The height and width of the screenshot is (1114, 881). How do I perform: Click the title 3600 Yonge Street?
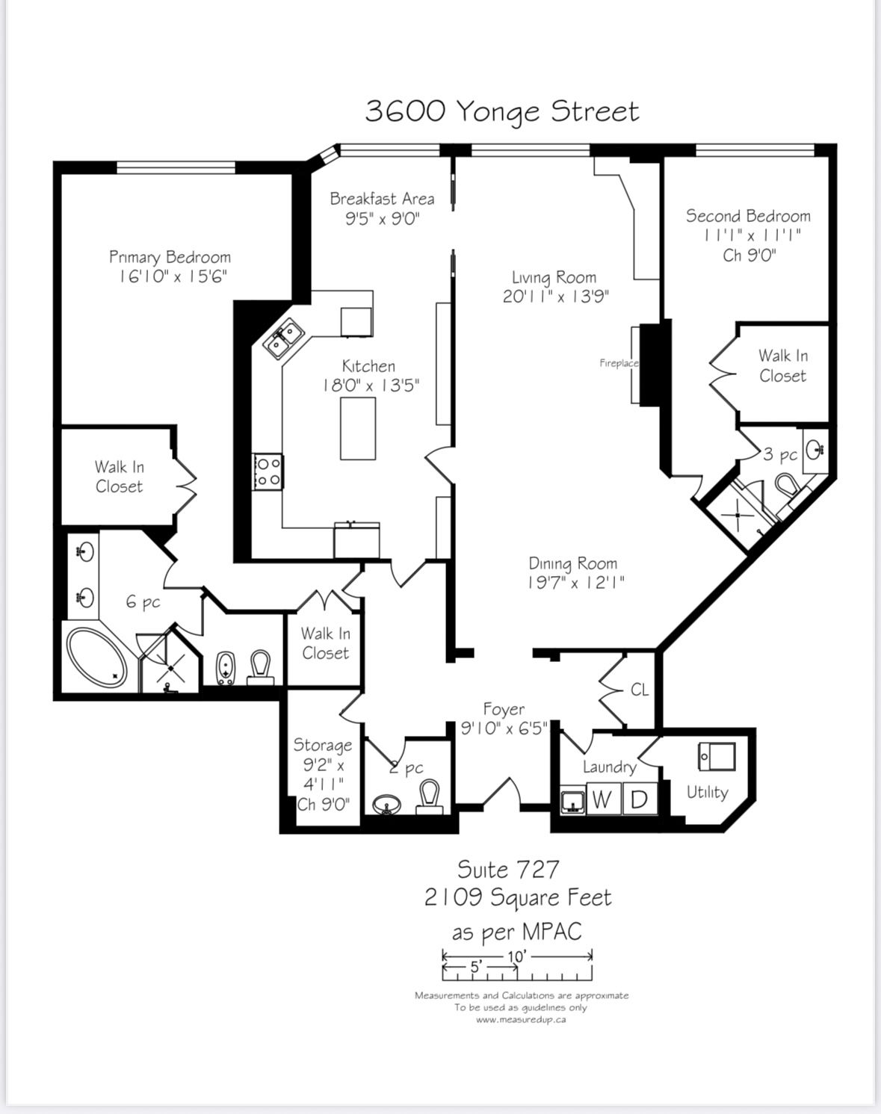click(502, 112)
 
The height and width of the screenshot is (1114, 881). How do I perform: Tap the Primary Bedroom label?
click(170, 257)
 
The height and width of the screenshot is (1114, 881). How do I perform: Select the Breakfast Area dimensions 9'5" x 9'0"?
click(383, 219)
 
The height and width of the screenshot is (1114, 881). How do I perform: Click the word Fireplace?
click(619, 363)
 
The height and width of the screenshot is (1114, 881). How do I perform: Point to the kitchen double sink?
click(282, 338)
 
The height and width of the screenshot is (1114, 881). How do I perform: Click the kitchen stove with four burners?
click(268, 471)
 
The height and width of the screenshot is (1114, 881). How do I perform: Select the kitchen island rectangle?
click(358, 429)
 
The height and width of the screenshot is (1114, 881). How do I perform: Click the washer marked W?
click(603, 799)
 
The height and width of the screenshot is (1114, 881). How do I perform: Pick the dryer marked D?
click(640, 799)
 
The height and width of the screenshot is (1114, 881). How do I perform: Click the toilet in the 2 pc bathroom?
click(430, 798)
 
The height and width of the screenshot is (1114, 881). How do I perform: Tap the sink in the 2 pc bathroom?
click(386, 805)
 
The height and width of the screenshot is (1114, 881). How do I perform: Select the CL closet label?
click(640, 690)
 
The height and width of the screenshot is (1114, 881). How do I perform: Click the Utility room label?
click(708, 793)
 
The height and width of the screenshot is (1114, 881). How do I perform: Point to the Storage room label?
click(323, 745)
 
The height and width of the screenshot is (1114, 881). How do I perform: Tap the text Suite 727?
click(508, 870)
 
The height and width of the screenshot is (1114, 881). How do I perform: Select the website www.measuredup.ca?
click(521, 1020)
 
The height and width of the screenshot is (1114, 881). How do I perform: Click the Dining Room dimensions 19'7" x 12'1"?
click(576, 584)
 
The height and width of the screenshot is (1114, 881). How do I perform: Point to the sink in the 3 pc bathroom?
click(815, 449)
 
